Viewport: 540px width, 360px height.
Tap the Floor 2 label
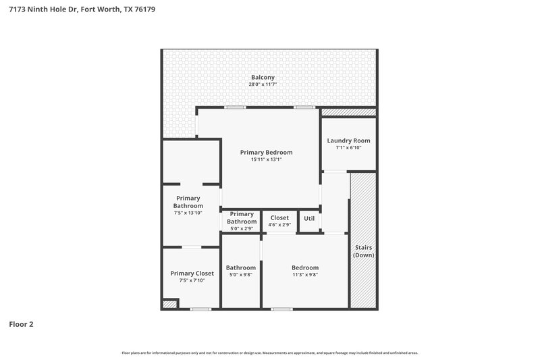[21, 324]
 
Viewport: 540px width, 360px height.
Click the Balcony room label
[262, 77]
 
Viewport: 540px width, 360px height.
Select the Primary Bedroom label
[266, 153]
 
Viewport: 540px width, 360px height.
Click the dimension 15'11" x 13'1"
[266, 160]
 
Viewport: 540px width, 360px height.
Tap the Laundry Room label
[348, 140]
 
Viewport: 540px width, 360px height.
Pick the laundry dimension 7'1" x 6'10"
[348, 148]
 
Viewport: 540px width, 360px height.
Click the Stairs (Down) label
[364, 251]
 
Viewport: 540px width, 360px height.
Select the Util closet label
[309, 218]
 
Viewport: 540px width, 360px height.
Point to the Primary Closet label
[192, 273]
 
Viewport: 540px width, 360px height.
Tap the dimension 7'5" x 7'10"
[192, 280]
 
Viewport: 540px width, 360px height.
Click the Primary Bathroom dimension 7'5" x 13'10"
[188, 213]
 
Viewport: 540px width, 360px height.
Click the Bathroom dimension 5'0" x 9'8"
[241, 275]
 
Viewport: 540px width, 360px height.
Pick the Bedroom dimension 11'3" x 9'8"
[305, 275]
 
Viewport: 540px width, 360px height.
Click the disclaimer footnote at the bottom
[269, 353]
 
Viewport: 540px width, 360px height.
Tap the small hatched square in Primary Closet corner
[170, 305]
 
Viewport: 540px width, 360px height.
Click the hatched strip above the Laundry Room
[348, 112]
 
